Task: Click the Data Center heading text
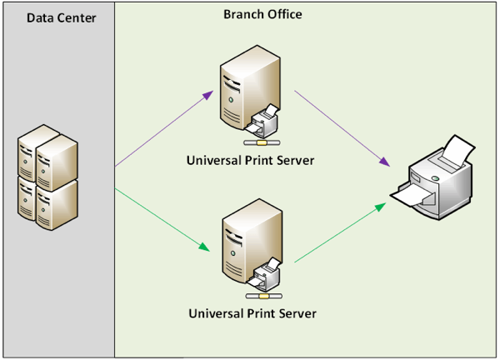tap(62, 17)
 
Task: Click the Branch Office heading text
tap(262, 14)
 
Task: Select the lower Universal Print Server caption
tap(251, 313)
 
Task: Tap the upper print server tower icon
tap(238, 91)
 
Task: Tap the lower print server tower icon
tap(238, 246)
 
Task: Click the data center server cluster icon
tap(47, 176)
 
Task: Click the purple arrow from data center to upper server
tap(163, 129)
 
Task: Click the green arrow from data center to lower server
tap(162, 221)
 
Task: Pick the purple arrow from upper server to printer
tap(342, 128)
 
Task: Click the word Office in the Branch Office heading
tap(284, 14)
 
